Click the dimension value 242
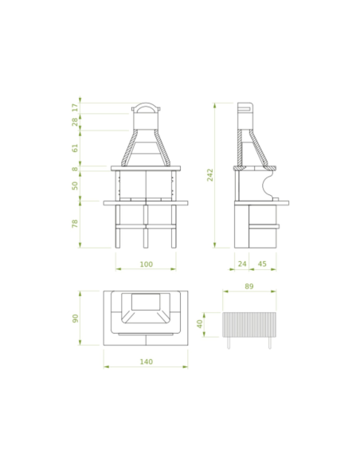coord(210,175)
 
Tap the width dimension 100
coord(147,264)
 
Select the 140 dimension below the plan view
coord(147,361)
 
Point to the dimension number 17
coord(76,107)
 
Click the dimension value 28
coord(76,122)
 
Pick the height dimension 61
coord(76,148)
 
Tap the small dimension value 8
coord(76,169)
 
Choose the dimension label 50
coord(76,186)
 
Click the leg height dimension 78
coord(76,223)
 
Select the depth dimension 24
coord(242,264)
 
